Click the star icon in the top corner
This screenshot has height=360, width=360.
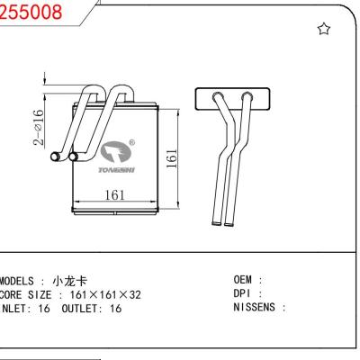[x=324, y=30]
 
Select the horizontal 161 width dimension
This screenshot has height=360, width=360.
[x=115, y=193]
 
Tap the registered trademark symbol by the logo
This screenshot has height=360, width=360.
[x=132, y=142]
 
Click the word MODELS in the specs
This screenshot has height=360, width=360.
[x=22, y=281]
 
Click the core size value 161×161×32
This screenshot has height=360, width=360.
[x=105, y=294]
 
